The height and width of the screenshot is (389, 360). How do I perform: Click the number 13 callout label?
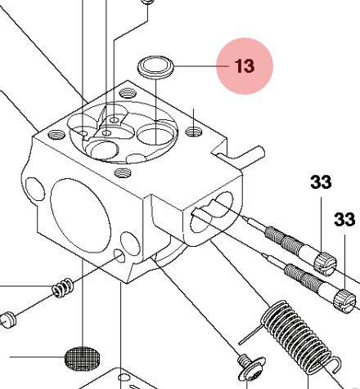pyautogui.click(x=244, y=66)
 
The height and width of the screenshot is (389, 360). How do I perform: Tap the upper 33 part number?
pyautogui.click(x=321, y=183)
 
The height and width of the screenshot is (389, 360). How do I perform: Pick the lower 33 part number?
pyautogui.click(x=344, y=219)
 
